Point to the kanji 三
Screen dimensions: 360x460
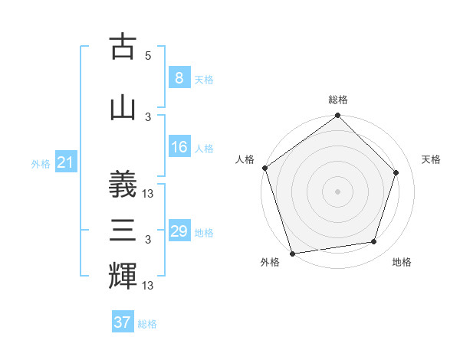(123, 231)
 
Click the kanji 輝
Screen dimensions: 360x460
(123, 277)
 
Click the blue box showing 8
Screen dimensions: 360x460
(179, 77)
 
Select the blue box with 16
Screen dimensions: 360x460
(179, 148)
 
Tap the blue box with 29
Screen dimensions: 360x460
(179, 231)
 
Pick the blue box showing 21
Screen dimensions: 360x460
(64, 162)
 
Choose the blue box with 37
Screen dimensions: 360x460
(122, 322)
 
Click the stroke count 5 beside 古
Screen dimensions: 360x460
(148, 55)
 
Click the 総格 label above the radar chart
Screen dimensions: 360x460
(337, 100)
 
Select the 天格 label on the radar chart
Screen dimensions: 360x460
(431, 159)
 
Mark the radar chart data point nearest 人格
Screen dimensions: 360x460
(265, 168)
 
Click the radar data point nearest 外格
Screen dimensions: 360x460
(292, 252)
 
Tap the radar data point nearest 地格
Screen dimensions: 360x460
(374, 242)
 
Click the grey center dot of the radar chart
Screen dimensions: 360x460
(337, 191)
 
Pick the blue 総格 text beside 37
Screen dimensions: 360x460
(147, 324)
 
